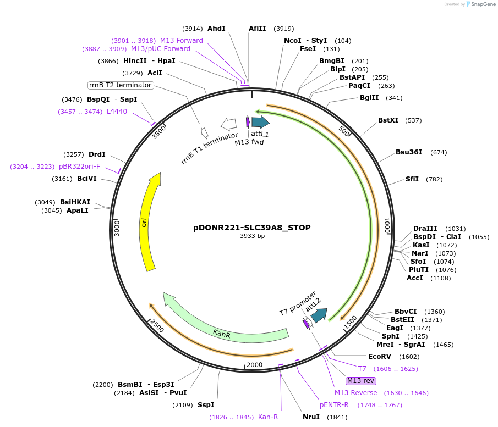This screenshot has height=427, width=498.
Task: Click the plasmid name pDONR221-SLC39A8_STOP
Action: [x=252, y=227]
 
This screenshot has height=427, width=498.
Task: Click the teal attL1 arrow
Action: [x=260, y=122]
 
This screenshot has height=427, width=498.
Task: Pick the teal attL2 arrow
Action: [x=319, y=315]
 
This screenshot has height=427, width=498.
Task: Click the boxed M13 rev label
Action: [x=360, y=381]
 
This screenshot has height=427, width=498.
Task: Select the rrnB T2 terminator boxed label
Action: [x=121, y=85]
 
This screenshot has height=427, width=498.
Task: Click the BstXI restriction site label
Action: [x=388, y=120]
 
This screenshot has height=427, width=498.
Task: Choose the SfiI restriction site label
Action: [x=412, y=179]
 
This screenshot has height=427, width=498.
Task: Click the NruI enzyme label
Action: [x=311, y=417]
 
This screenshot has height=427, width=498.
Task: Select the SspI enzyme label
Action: [x=206, y=406]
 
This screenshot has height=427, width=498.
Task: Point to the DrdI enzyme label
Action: [x=97, y=154]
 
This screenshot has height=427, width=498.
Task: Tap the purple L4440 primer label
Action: [x=117, y=112]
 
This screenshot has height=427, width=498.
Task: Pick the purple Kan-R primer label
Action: [x=268, y=417]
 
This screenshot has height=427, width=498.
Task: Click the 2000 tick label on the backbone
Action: [x=254, y=365]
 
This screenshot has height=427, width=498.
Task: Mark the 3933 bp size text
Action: [x=252, y=236]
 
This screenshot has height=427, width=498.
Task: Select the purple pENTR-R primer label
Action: [x=334, y=405]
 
